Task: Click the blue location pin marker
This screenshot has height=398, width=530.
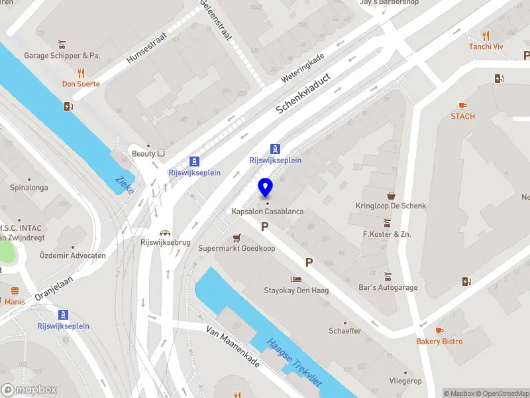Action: click(265, 188)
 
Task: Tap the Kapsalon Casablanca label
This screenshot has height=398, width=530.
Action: click(268, 212)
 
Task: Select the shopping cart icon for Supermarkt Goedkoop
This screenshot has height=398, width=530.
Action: click(237, 237)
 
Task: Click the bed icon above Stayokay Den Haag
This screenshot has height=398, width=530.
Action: click(296, 279)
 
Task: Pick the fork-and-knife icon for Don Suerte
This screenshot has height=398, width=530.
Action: click(81, 73)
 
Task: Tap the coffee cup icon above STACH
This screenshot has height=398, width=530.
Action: click(462, 105)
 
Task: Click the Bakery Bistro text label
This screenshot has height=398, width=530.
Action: click(439, 342)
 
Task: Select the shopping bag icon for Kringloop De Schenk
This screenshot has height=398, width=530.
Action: click(393, 196)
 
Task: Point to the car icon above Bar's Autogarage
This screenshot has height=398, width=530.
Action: click(388, 277)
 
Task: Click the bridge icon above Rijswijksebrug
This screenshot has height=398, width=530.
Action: click(165, 232)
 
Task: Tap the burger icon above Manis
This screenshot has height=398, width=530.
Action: click(15, 291)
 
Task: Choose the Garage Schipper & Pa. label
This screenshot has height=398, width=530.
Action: click(62, 56)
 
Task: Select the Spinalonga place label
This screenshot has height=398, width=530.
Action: click(28, 188)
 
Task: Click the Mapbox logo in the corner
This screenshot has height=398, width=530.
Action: click(29, 390)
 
